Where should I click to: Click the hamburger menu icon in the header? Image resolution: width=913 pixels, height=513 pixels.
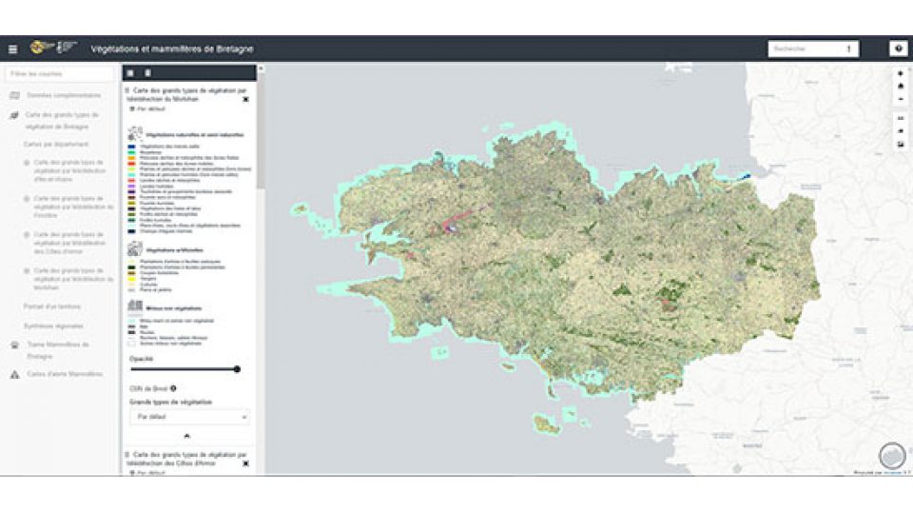[12, 49]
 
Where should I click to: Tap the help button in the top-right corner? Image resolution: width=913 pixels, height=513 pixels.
[898, 49]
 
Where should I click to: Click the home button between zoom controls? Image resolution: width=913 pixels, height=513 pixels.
[901, 86]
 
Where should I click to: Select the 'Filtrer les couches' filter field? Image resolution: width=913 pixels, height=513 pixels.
[59, 73]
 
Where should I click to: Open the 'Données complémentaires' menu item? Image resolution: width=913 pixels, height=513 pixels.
[63, 95]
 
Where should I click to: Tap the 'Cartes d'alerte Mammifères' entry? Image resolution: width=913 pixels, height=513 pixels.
[64, 374]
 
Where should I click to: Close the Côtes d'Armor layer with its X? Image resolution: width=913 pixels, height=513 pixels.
[245, 464]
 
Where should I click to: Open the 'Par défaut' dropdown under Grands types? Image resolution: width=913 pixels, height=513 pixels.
[189, 417]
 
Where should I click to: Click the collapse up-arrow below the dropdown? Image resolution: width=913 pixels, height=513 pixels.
[186, 435]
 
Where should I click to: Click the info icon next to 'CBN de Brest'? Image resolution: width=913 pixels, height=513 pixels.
[172, 388]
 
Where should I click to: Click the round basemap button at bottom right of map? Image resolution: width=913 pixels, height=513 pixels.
[891, 455]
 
